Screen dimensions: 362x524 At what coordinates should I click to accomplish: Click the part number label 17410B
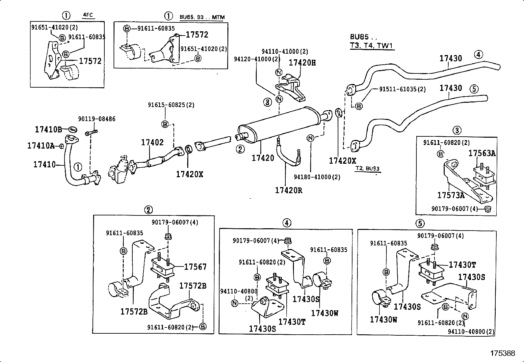(48, 130)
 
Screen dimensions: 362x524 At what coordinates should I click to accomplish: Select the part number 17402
(152, 143)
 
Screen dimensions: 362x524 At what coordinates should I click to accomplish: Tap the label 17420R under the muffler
(288, 190)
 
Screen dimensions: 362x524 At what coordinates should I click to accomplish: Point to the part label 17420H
(302, 63)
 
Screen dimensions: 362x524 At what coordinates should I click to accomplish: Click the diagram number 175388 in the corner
(503, 353)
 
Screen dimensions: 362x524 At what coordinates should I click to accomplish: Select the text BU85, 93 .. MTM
(202, 17)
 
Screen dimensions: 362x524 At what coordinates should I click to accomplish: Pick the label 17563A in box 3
(482, 153)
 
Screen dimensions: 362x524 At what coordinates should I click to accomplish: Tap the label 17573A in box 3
(451, 195)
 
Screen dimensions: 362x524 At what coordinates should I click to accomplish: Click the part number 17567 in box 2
(195, 267)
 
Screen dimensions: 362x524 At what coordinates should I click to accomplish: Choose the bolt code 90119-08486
(97, 119)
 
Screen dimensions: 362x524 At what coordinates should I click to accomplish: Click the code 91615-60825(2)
(171, 105)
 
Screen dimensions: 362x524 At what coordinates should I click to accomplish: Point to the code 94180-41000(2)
(317, 177)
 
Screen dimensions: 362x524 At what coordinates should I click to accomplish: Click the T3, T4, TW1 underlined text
(372, 46)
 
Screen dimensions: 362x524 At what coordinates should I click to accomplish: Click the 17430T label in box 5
(462, 265)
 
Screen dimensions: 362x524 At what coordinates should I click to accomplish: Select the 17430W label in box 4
(325, 313)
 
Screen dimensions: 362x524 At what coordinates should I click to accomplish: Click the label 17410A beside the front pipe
(41, 146)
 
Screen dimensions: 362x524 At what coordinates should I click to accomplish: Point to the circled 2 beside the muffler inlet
(240, 149)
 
